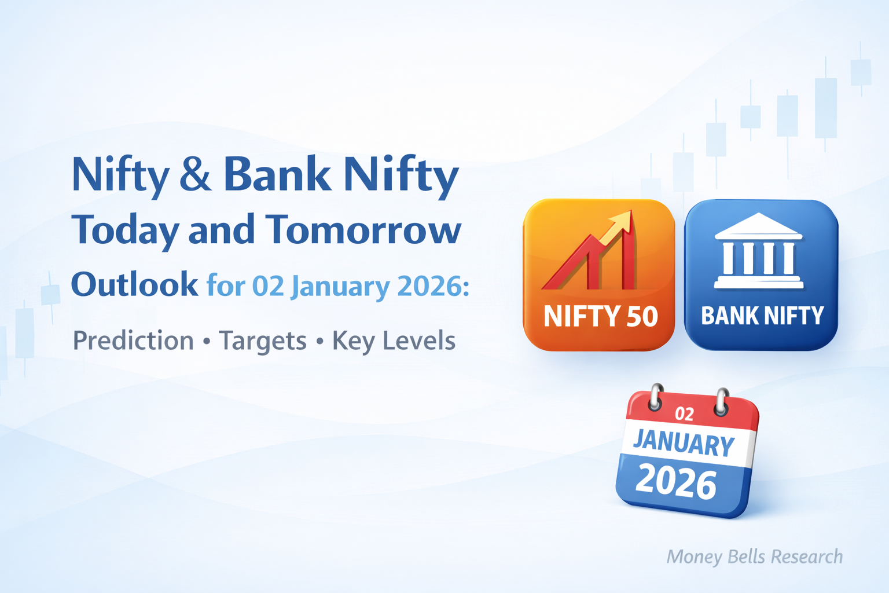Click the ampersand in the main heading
tap(196, 175)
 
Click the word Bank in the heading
tap(277, 174)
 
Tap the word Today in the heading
tap(126, 230)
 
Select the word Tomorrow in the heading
tap(363, 230)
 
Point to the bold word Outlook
tap(134, 284)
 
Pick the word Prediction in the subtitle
tap(133, 341)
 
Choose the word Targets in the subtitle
tap(263, 341)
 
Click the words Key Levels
tap(394, 341)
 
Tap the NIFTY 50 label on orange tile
tap(600, 316)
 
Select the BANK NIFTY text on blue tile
tap(762, 316)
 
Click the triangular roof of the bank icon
tap(758, 226)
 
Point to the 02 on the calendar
tap(684, 413)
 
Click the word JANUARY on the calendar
tap(684, 443)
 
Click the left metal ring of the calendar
tap(656, 397)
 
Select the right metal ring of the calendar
tap(721, 401)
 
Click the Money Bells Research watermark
tap(754, 557)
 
